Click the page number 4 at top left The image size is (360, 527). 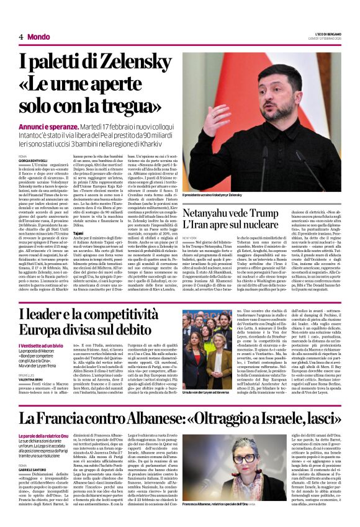[x=20, y=37]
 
